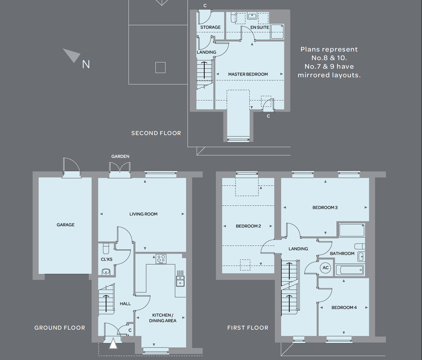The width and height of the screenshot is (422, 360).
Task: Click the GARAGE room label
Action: tap(66, 225)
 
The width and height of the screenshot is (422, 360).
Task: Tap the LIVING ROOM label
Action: tap(143, 214)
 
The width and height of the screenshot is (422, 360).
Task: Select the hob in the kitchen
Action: tap(161, 259)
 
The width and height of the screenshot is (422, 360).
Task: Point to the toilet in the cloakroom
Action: tap(106, 248)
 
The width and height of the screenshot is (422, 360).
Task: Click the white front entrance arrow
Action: tap(113, 343)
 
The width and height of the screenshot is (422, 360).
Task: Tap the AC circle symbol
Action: tap(326, 268)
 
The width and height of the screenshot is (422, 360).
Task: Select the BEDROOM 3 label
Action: tap(325, 207)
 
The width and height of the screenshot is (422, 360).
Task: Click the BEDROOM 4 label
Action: tap(344, 308)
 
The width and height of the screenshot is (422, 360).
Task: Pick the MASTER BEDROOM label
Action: tap(248, 74)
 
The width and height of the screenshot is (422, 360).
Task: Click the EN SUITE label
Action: tap(260, 27)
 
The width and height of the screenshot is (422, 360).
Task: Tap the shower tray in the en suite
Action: tap(277, 32)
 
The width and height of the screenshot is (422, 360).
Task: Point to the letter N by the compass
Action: tap(86, 64)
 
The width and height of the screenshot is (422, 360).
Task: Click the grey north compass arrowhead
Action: tap(72, 55)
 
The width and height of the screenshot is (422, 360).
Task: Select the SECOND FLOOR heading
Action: tap(156, 133)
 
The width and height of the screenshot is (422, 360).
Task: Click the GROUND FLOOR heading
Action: tap(60, 328)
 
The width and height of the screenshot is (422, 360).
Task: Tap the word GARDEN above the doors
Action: tap(120, 157)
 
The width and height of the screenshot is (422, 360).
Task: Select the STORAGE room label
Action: tap(210, 27)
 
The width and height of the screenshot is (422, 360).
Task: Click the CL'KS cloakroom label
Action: tap(107, 259)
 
